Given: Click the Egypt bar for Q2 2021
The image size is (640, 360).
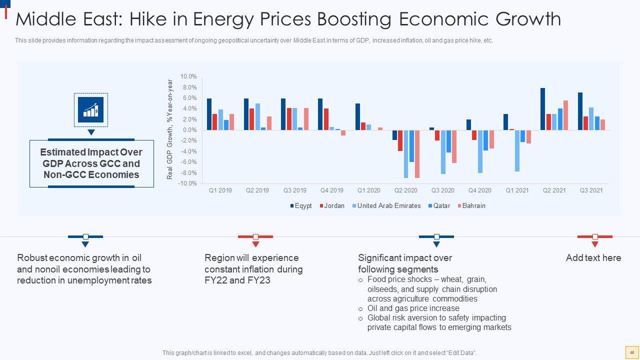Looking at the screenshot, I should tap(543, 109).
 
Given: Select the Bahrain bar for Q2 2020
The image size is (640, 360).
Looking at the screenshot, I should tap(417, 154).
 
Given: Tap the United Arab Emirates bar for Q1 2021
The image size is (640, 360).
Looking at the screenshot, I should tap(517, 150).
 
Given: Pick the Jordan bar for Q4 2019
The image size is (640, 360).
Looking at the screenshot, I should tap(326, 119).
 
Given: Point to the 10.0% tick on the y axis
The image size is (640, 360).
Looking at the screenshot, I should tap(188, 76).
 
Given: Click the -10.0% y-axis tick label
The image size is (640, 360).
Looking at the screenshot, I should tap(187, 183).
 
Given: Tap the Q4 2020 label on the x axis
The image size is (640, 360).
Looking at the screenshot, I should tap(479, 190).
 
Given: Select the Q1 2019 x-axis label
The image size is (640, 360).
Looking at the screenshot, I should tap(220, 190).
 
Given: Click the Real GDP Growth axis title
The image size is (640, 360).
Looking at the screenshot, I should tap(170, 129).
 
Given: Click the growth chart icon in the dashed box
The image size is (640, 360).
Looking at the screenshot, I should tap(91, 109).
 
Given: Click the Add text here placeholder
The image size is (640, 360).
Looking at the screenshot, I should tap(593, 258).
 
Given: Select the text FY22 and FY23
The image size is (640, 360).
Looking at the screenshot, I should tap(237, 280).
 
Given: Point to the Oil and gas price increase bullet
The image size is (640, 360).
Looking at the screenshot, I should tap(413, 308).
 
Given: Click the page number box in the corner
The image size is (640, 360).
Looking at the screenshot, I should tap(631, 352).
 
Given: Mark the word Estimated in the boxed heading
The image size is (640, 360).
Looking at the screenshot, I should tap(62, 152).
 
